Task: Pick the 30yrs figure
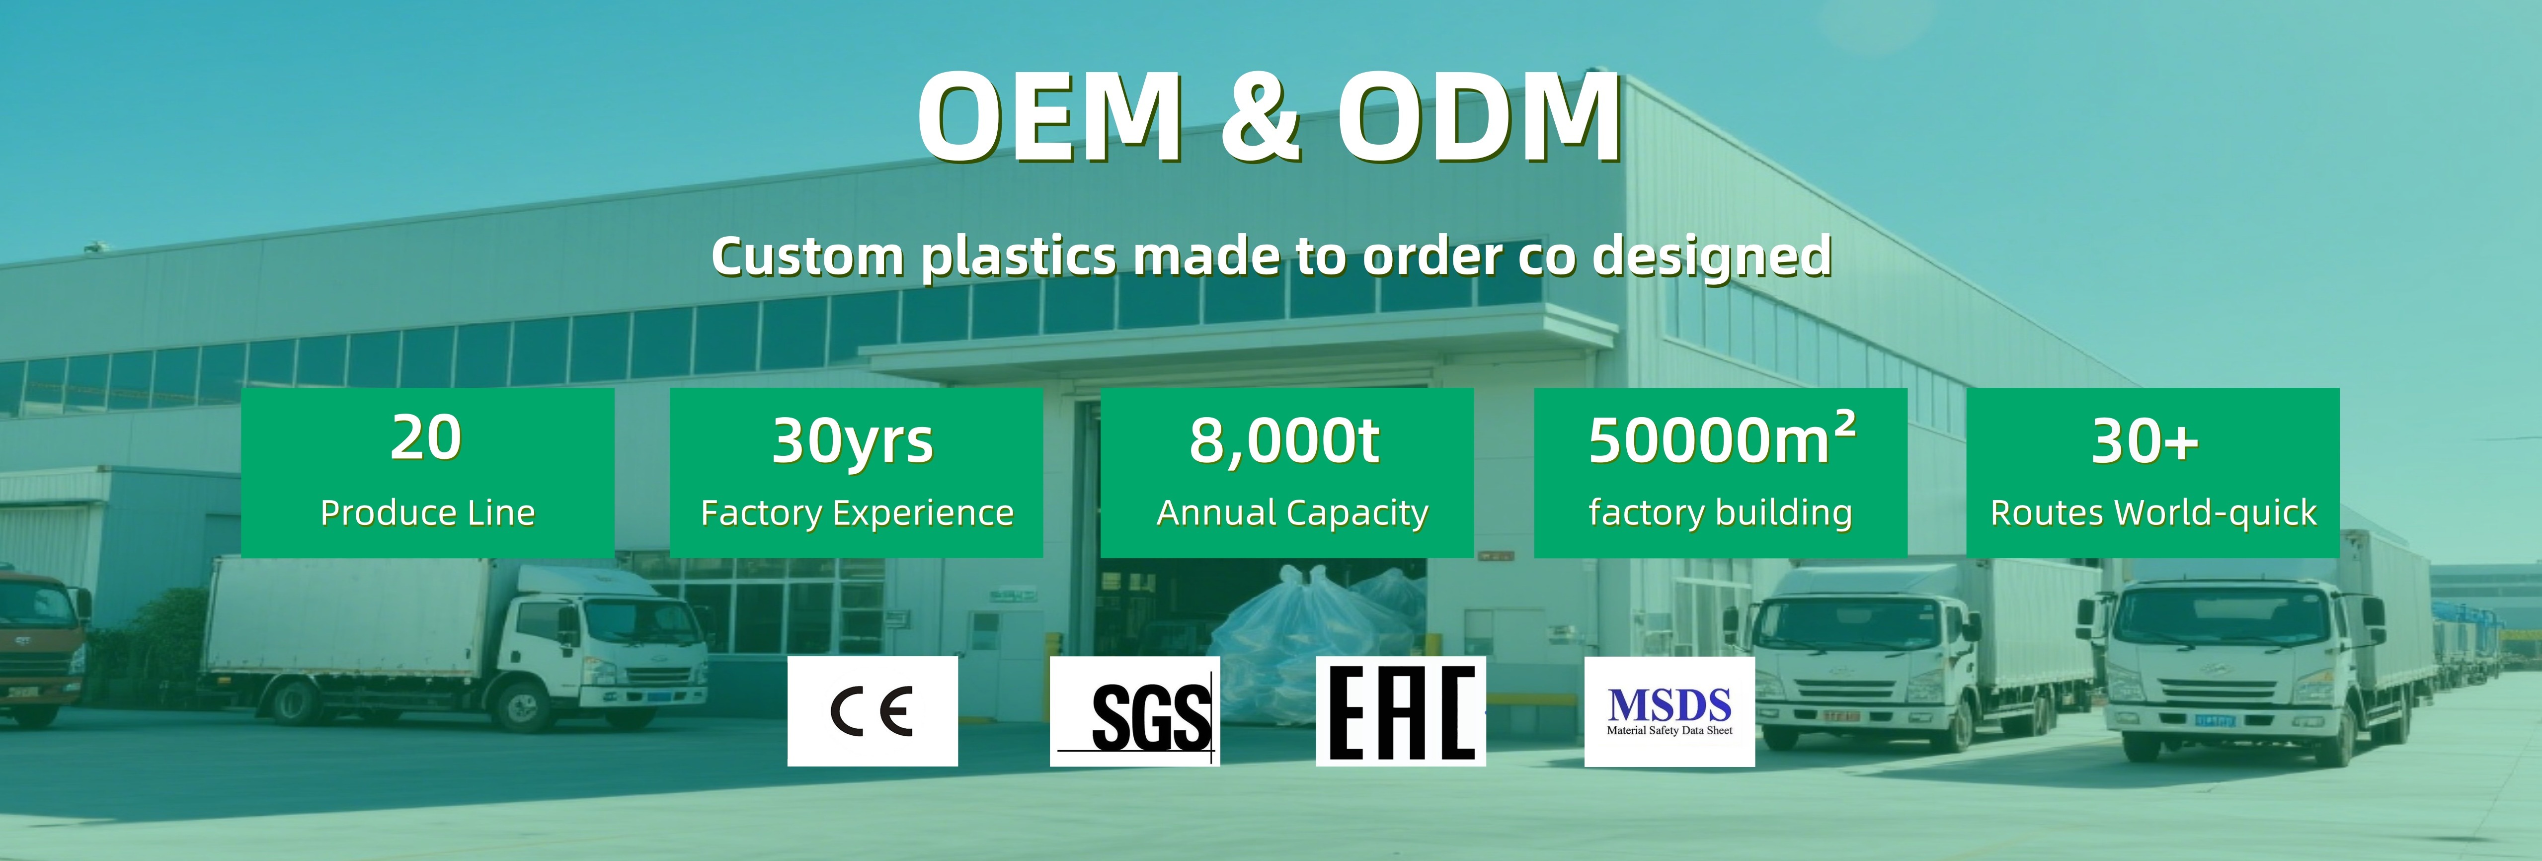point(853,441)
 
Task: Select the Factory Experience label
point(857,514)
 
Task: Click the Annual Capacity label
point(1292,514)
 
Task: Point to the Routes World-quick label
point(2153,514)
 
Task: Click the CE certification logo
point(873,711)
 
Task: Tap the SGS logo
point(1135,711)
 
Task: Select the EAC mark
point(1400,711)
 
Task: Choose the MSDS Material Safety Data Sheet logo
point(1669,711)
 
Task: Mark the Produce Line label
point(427,514)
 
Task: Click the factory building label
point(1720,514)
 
